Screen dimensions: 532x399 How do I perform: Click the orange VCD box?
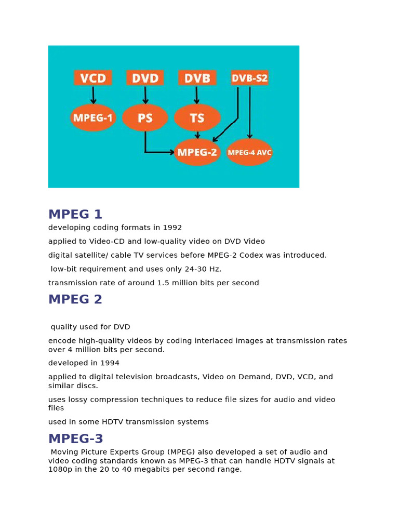pyautogui.click(x=93, y=78)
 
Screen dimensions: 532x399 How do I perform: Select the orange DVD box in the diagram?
pyautogui.click(x=145, y=78)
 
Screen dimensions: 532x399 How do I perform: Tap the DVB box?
pyautogui.click(x=197, y=78)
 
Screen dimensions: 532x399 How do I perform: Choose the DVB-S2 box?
pyautogui.click(x=249, y=78)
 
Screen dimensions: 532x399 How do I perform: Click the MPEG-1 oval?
pyautogui.click(x=93, y=118)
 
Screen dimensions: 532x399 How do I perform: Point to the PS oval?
pyautogui.click(x=145, y=118)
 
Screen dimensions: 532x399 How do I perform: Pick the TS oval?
pyautogui.click(x=197, y=118)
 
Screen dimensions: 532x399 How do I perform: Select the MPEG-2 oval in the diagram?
pyautogui.click(x=197, y=152)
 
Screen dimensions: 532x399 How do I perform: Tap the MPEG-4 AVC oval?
pyautogui.click(x=249, y=152)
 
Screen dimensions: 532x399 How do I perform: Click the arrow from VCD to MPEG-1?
pyautogui.click(x=93, y=95)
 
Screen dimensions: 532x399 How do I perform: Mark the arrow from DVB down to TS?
pyautogui.click(x=197, y=95)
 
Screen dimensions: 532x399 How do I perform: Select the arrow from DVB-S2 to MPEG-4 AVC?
pyautogui.click(x=250, y=112)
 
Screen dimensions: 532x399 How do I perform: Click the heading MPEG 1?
pyautogui.click(x=75, y=215)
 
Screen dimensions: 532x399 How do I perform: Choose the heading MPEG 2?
pyautogui.click(x=75, y=300)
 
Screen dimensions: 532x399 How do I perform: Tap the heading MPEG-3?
pyautogui.click(x=76, y=439)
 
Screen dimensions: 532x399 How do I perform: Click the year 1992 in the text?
pyautogui.click(x=172, y=228)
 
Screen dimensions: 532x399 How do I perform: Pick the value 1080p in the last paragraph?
pyautogui.click(x=60, y=469)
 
